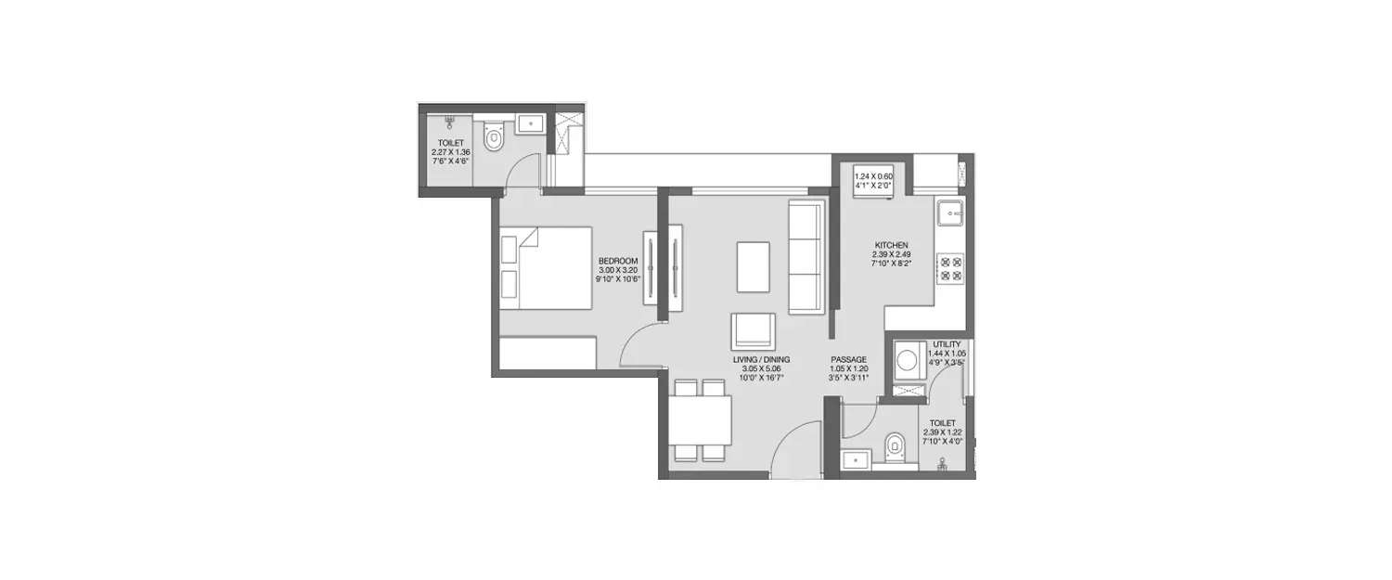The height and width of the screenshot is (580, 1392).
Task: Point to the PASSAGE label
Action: (x=848, y=359)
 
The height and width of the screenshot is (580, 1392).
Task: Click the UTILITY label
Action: (x=947, y=344)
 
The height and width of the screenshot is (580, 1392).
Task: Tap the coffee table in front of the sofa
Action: (x=753, y=266)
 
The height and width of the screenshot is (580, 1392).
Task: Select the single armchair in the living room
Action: (x=753, y=330)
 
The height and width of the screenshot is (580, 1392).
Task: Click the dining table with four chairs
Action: (x=701, y=420)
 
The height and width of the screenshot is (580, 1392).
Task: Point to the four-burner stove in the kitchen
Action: (x=950, y=267)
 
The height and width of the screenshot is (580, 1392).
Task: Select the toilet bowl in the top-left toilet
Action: (x=494, y=137)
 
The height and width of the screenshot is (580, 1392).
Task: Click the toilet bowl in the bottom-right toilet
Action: (x=894, y=447)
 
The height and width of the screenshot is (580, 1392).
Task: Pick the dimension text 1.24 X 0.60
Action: (x=872, y=175)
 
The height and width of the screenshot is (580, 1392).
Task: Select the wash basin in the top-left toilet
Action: (x=531, y=122)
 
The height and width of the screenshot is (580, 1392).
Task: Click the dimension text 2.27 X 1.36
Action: (x=451, y=152)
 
